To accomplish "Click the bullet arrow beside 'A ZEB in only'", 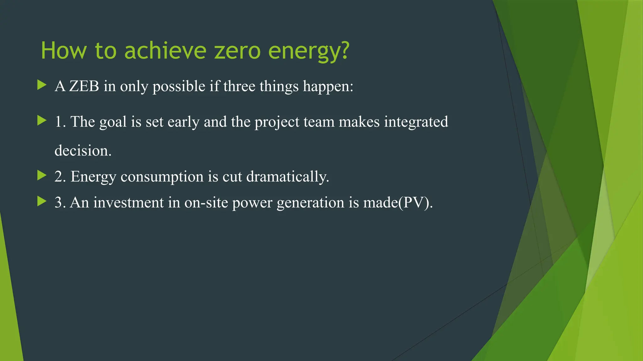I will [41, 85].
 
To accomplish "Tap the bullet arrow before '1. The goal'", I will [41, 120].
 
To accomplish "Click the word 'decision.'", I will [83, 151].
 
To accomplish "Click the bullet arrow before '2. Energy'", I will [41, 175].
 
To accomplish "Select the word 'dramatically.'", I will [288, 177].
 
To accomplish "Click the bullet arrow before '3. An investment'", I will [41, 201].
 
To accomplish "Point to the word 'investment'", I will [128, 203].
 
